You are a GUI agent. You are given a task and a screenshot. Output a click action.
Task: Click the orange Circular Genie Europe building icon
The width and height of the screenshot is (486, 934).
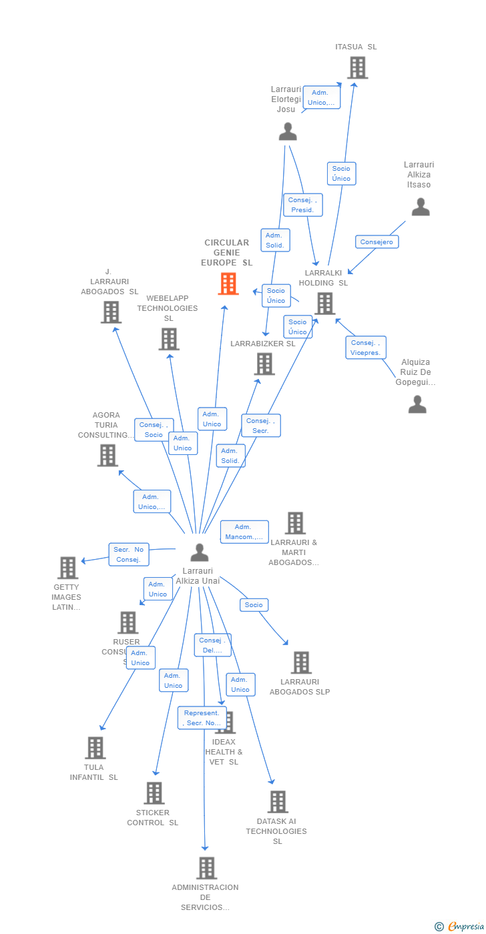click(228, 284)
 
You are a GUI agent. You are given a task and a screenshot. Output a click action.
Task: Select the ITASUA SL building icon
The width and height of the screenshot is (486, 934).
click(357, 67)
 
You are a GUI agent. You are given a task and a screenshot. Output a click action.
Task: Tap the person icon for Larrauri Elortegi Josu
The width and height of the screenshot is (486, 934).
click(288, 131)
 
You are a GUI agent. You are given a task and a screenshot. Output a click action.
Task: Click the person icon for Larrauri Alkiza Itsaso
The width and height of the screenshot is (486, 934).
click(421, 207)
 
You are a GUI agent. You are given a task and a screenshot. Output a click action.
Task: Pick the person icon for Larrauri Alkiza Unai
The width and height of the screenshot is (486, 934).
click(200, 552)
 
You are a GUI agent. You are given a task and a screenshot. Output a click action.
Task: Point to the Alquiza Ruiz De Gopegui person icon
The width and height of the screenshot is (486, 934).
click(417, 404)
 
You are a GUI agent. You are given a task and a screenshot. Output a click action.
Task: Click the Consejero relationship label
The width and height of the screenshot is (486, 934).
click(377, 242)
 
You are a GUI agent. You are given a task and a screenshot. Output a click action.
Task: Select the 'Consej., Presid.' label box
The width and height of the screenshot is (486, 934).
click(303, 205)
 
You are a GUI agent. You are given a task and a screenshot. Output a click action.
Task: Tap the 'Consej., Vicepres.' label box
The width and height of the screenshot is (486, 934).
click(366, 348)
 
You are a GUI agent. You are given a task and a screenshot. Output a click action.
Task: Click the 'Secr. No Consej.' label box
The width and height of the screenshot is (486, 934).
click(128, 554)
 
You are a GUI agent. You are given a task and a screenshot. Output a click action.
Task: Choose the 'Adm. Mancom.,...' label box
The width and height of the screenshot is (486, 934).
click(244, 532)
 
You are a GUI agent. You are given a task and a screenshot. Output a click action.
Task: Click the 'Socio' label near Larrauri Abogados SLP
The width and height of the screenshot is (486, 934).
click(254, 604)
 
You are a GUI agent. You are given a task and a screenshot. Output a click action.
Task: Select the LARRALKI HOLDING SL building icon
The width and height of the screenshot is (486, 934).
click(325, 304)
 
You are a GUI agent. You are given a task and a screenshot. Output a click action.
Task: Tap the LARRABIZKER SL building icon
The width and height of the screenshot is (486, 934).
click(264, 364)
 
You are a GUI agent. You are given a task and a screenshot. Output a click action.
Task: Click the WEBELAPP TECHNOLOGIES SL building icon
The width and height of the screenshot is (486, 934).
click(169, 339)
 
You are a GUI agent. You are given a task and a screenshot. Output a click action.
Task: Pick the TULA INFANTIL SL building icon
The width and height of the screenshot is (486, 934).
click(95, 748)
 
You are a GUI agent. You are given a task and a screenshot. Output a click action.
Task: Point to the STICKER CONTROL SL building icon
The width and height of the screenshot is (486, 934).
click(154, 793)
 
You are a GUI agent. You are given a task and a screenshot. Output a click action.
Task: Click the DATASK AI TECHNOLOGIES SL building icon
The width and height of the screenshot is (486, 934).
click(278, 801)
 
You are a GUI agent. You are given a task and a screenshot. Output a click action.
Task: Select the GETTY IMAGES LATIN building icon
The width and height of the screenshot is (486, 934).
click(68, 568)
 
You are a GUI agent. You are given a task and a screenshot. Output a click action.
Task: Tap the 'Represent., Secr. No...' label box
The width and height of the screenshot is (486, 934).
click(202, 718)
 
